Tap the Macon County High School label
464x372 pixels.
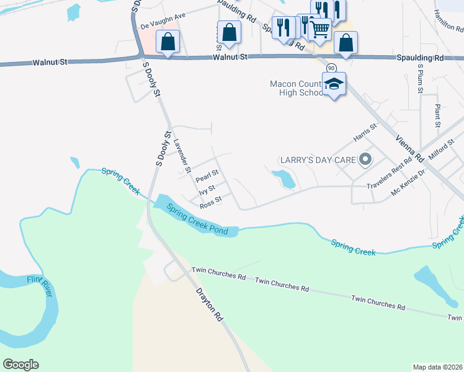(x=297, y=88)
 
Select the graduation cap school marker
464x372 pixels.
(x=334, y=83)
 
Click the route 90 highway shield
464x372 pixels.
(x=331, y=68)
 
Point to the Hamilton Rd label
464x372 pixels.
(x=450, y=25)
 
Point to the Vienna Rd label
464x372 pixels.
(x=409, y=149)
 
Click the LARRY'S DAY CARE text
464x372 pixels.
(x=318, y=160)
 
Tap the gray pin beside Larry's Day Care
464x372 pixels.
(x=365, y=160)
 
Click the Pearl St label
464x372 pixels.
(x=207, y=177)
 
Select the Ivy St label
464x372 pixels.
(x=207, y=189)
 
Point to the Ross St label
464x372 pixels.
(x=211, y=201)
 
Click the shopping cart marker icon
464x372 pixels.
(x=319, y=28)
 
